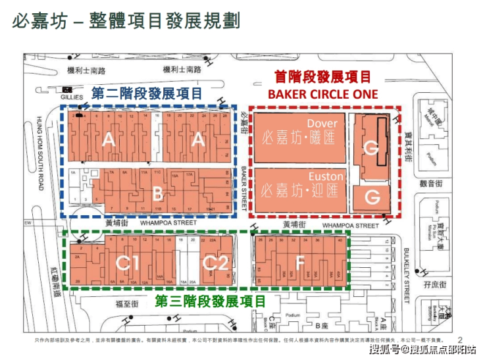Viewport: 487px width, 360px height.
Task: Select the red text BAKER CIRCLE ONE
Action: pyautogui.click(x=322, y=94)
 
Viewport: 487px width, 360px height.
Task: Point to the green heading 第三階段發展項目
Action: pyautogui.click(x=211, y=301)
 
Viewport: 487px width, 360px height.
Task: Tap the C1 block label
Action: pyautogui.click(x=126, y=263)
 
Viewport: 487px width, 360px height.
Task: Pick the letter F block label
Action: pyautogui.click(x=300, y=263)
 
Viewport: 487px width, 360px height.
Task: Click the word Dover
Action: pyautogui.click(x=322, y=123)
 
